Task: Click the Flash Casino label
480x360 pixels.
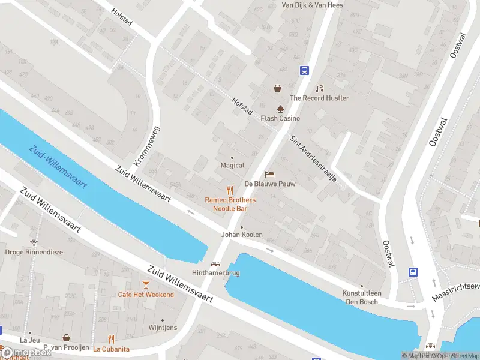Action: pos(280,118)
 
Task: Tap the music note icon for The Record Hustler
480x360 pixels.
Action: pos(320,88)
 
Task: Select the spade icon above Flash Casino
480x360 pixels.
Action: pos(280,108)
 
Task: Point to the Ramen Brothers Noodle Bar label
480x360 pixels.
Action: pos(230,204)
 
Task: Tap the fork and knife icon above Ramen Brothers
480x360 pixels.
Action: pos(229,190)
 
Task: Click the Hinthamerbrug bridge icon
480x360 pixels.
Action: pos(215,263)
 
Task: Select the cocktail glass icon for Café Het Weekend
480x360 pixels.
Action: pos(146,284)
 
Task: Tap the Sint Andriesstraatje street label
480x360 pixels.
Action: pos(313,159)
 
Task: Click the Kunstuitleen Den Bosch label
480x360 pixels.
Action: pos(361,297)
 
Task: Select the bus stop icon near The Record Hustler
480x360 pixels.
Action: pos(305,70)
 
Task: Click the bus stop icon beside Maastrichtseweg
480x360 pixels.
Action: pos(413,272)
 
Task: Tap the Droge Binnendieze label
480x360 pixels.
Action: pos(34,252)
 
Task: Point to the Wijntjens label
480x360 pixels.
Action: pos(163,328)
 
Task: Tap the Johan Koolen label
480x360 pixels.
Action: pos(242,235)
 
